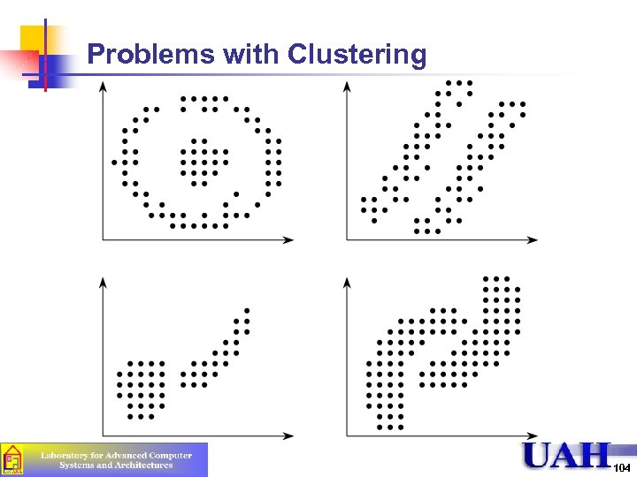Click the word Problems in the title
pos(151,56)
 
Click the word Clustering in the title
pos(357,56)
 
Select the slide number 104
pos(622,466)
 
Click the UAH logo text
pos(566,457)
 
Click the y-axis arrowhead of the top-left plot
pos(104,86)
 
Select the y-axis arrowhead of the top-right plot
pos(348,86)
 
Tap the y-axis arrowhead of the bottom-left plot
pos(104,282)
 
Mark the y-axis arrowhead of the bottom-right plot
pos(348,282)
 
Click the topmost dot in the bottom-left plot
pos(248,310)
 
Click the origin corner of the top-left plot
pos(104,239)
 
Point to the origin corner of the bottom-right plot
pos(348,435)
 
